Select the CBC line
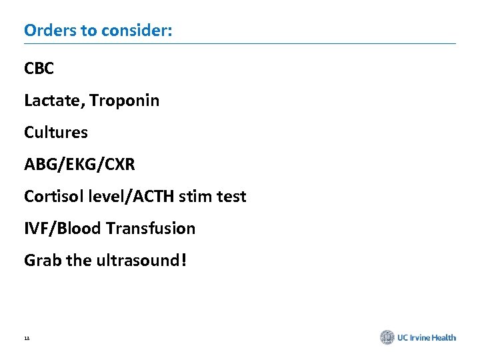pyautogui.click(x=39, y=69)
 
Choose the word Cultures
pyautogui.click(x=56, y=133)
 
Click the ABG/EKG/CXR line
pyautogui.click(x=79, y=165)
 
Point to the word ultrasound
pyautogui.click(x=137, y=261)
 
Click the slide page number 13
pyautogui.click(x=27, y=339)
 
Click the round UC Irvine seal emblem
pyautogui.click(x=387, y=337)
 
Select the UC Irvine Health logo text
pyautogui.click(x=427, y=337)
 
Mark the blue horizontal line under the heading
pyautogui.click(x=240, y=44)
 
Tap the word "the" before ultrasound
pyautogui.click(x=79, y=261)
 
